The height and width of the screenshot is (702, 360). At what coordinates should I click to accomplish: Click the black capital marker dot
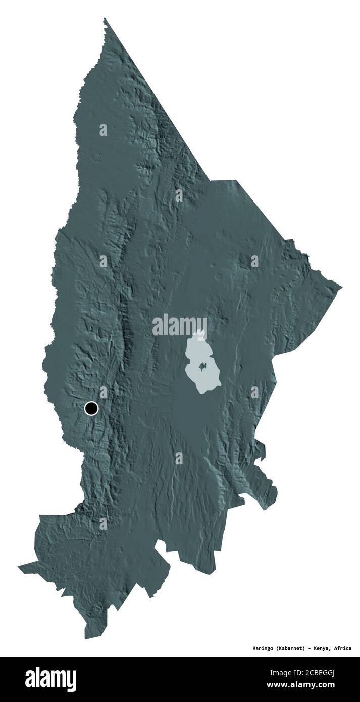tap(91, 408)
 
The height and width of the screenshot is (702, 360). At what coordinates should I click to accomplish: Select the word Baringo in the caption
tap(264, 648)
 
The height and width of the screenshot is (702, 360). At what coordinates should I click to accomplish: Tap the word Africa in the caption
tap(343, 648)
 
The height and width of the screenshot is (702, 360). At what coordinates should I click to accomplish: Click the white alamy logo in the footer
tap(50, 679)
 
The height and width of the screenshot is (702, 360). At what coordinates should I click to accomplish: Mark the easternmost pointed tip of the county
tap(342, 289)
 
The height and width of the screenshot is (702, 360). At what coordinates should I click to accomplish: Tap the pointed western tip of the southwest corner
tap(18, 567)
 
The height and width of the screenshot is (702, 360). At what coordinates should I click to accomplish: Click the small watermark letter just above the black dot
tap(103, 392)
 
